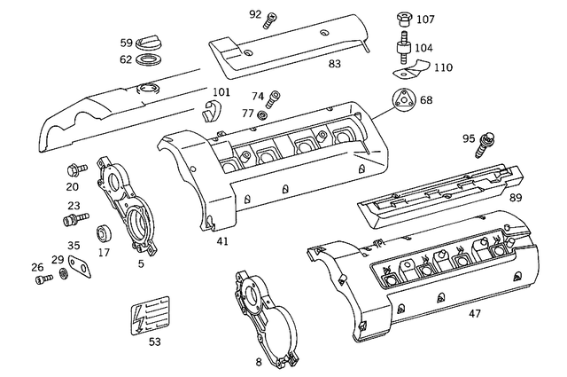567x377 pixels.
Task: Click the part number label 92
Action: pos(254,14)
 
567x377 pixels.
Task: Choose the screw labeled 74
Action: pos(275,96)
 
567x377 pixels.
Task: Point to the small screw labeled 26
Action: pos(42,280)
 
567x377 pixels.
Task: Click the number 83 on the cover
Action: pos(335,63)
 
